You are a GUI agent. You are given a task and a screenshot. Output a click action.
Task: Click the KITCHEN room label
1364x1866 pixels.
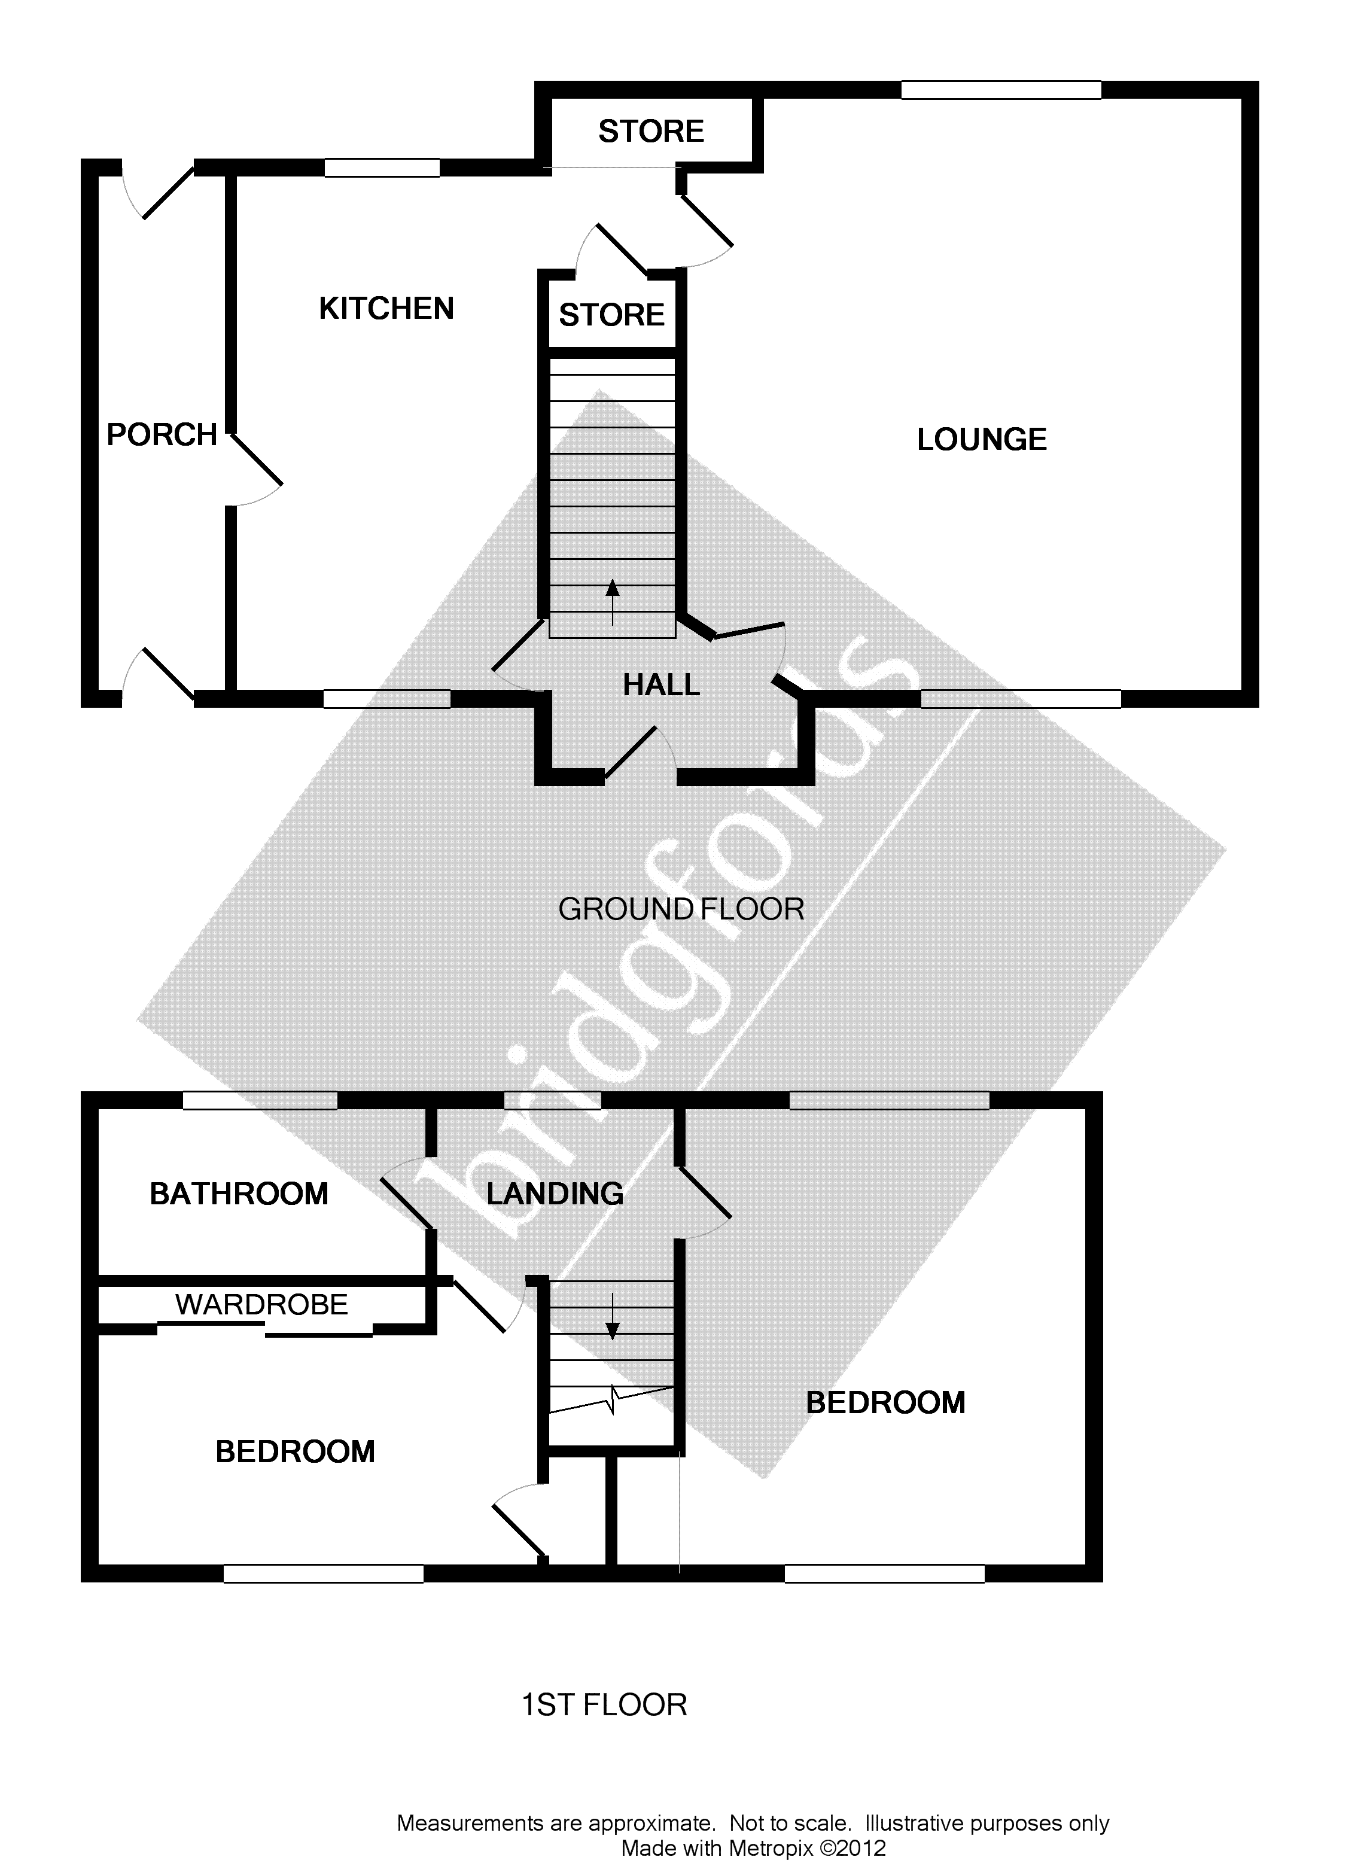point(386,309)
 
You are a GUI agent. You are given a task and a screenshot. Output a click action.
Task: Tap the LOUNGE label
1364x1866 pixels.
point(982,439)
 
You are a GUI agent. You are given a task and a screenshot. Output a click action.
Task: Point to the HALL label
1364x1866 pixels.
point(660,684)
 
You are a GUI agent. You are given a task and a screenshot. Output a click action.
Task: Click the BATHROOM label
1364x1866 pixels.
point(239,1194)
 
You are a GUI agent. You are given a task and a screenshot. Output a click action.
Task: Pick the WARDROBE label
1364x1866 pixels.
point(262,1305)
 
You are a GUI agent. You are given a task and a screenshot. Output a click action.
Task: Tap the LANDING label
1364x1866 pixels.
point(555,1194)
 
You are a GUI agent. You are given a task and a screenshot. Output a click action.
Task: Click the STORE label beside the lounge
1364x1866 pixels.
point(651,131)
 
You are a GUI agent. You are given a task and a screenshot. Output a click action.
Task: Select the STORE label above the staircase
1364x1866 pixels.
point(612,315)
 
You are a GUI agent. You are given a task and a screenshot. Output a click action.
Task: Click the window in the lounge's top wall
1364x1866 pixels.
point(1001,90)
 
